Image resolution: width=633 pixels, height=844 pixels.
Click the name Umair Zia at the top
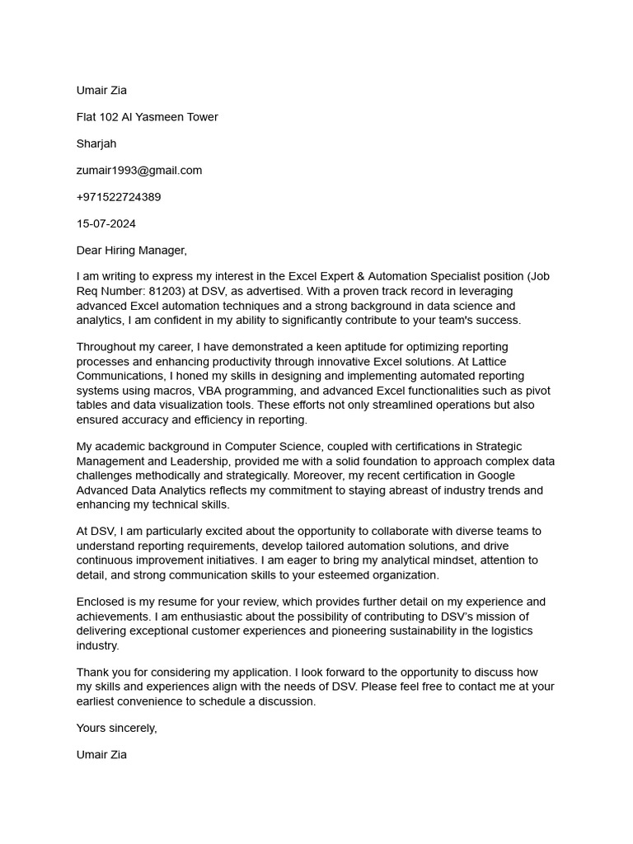coord(101,91)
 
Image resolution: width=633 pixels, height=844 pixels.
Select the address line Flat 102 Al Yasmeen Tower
coord(147,117)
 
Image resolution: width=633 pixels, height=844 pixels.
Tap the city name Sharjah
coord(96,143)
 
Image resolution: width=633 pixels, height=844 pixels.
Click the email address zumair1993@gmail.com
coord(138,170)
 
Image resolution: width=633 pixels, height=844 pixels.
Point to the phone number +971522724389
coord(119,197)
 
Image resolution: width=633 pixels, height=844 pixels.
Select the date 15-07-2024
coord(106,223)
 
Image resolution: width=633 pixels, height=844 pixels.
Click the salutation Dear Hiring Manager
coord(131,250)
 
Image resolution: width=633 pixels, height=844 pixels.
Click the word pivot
coord(536,391)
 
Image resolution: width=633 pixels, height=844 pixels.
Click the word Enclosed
coord(101,602)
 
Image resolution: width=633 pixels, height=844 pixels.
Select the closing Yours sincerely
coord(116,728)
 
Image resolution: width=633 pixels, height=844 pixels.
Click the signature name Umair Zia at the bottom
coord(101,754)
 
